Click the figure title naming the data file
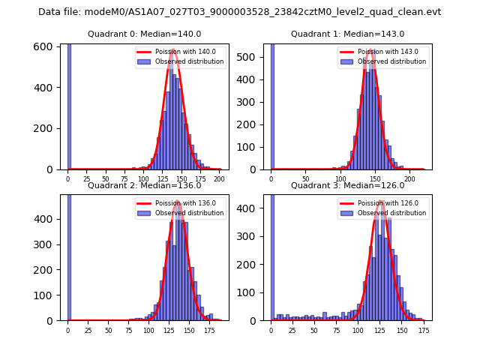pyautogui.click(x=240, y=12)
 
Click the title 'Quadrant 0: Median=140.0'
pyautogui.click(x=145, y=34)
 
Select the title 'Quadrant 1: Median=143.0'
pyautogui.click(x=347, y=34)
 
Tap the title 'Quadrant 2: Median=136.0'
pyautogui.click(x=145, y=185)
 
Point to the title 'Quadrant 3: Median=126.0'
pyautogui.click(x=347, y=185)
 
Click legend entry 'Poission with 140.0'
pyautogui.click(x=179, y=52)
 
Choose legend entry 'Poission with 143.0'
pyautogui.click(x=382, y=52)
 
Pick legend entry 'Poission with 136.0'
pyautogui.click(x=179, y=203)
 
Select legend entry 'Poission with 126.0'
pyautogui.click(x=382, y=203)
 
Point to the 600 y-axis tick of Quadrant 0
pyautogui.click(x=46, y=46)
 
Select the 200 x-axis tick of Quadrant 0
pyautogui.click(x=219, y=179)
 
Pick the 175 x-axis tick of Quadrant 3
pyautogui.click(x=424, y=330)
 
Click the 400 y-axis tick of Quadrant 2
pyautogui.click(x=46, y=219)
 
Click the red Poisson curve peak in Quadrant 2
pyautogui.click(x=178, y=202)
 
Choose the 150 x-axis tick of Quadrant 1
pyautogui.click(x=375, y=179)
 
